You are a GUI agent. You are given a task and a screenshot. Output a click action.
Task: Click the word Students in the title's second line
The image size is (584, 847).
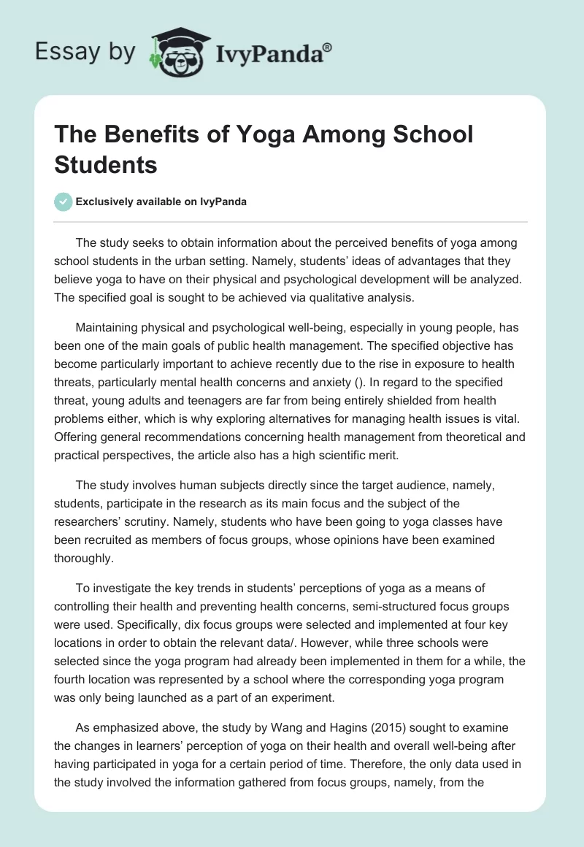pyautogui.click(x=106, y=165)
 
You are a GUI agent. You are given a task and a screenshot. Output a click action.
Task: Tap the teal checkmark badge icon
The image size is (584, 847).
pyautogui.click(x=64, y=202)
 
